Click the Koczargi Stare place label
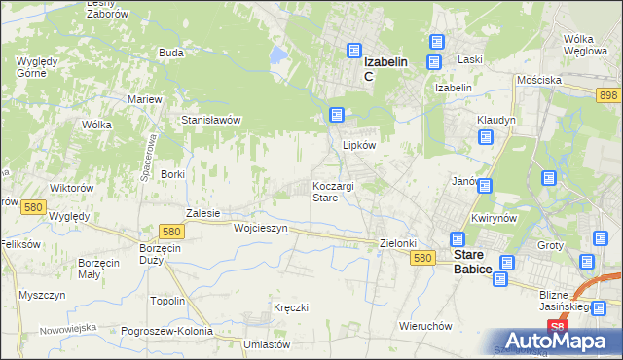[338, 191]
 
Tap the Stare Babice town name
[479, 264]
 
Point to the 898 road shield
[608, 93]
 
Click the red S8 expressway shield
[555, 327]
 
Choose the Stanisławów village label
[211, 120]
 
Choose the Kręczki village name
[291, 307]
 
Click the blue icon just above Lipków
[337, 115]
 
